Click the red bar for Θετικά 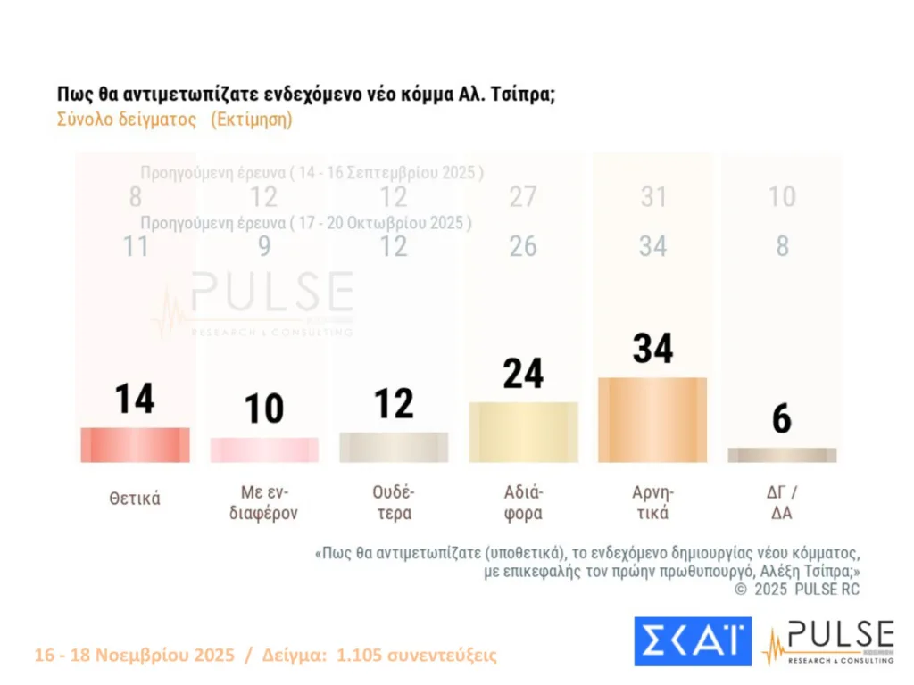pyautogui.click(x=135, y=444)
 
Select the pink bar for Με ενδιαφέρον pyautogui.click(x=264, y=450)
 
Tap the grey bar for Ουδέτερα pyautogui.click(x=394, y=447)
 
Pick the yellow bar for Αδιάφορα pyautogui.click(x=523, y=432)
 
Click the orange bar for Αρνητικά pyautogui.click(x=652, y=419)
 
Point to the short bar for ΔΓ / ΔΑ pyautogui.click(x=782, y=455)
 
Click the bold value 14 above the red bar pyautogui.click(x=135, y=398)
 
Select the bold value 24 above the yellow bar pyautogui.click(x=523, y=373)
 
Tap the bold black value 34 pyautogui.click(x=652, y=347)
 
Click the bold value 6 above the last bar pyautogui.click(x=782, y=418)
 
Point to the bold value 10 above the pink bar pyautogui.click(x=264, y=409)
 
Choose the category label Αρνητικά pyautogui.click(x=652, y=502)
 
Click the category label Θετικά pyautogui.click(x=135, y=499)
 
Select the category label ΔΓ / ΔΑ pyautogui.click(x=782, y=502)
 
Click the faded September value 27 pyautogui.click(x=523, y=197)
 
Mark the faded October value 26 pyautogui.click(x=523, y=246)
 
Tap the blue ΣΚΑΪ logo pyautogui.click(x=693, y=640)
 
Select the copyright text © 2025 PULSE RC pyautogui.click(x=797, y=589)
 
